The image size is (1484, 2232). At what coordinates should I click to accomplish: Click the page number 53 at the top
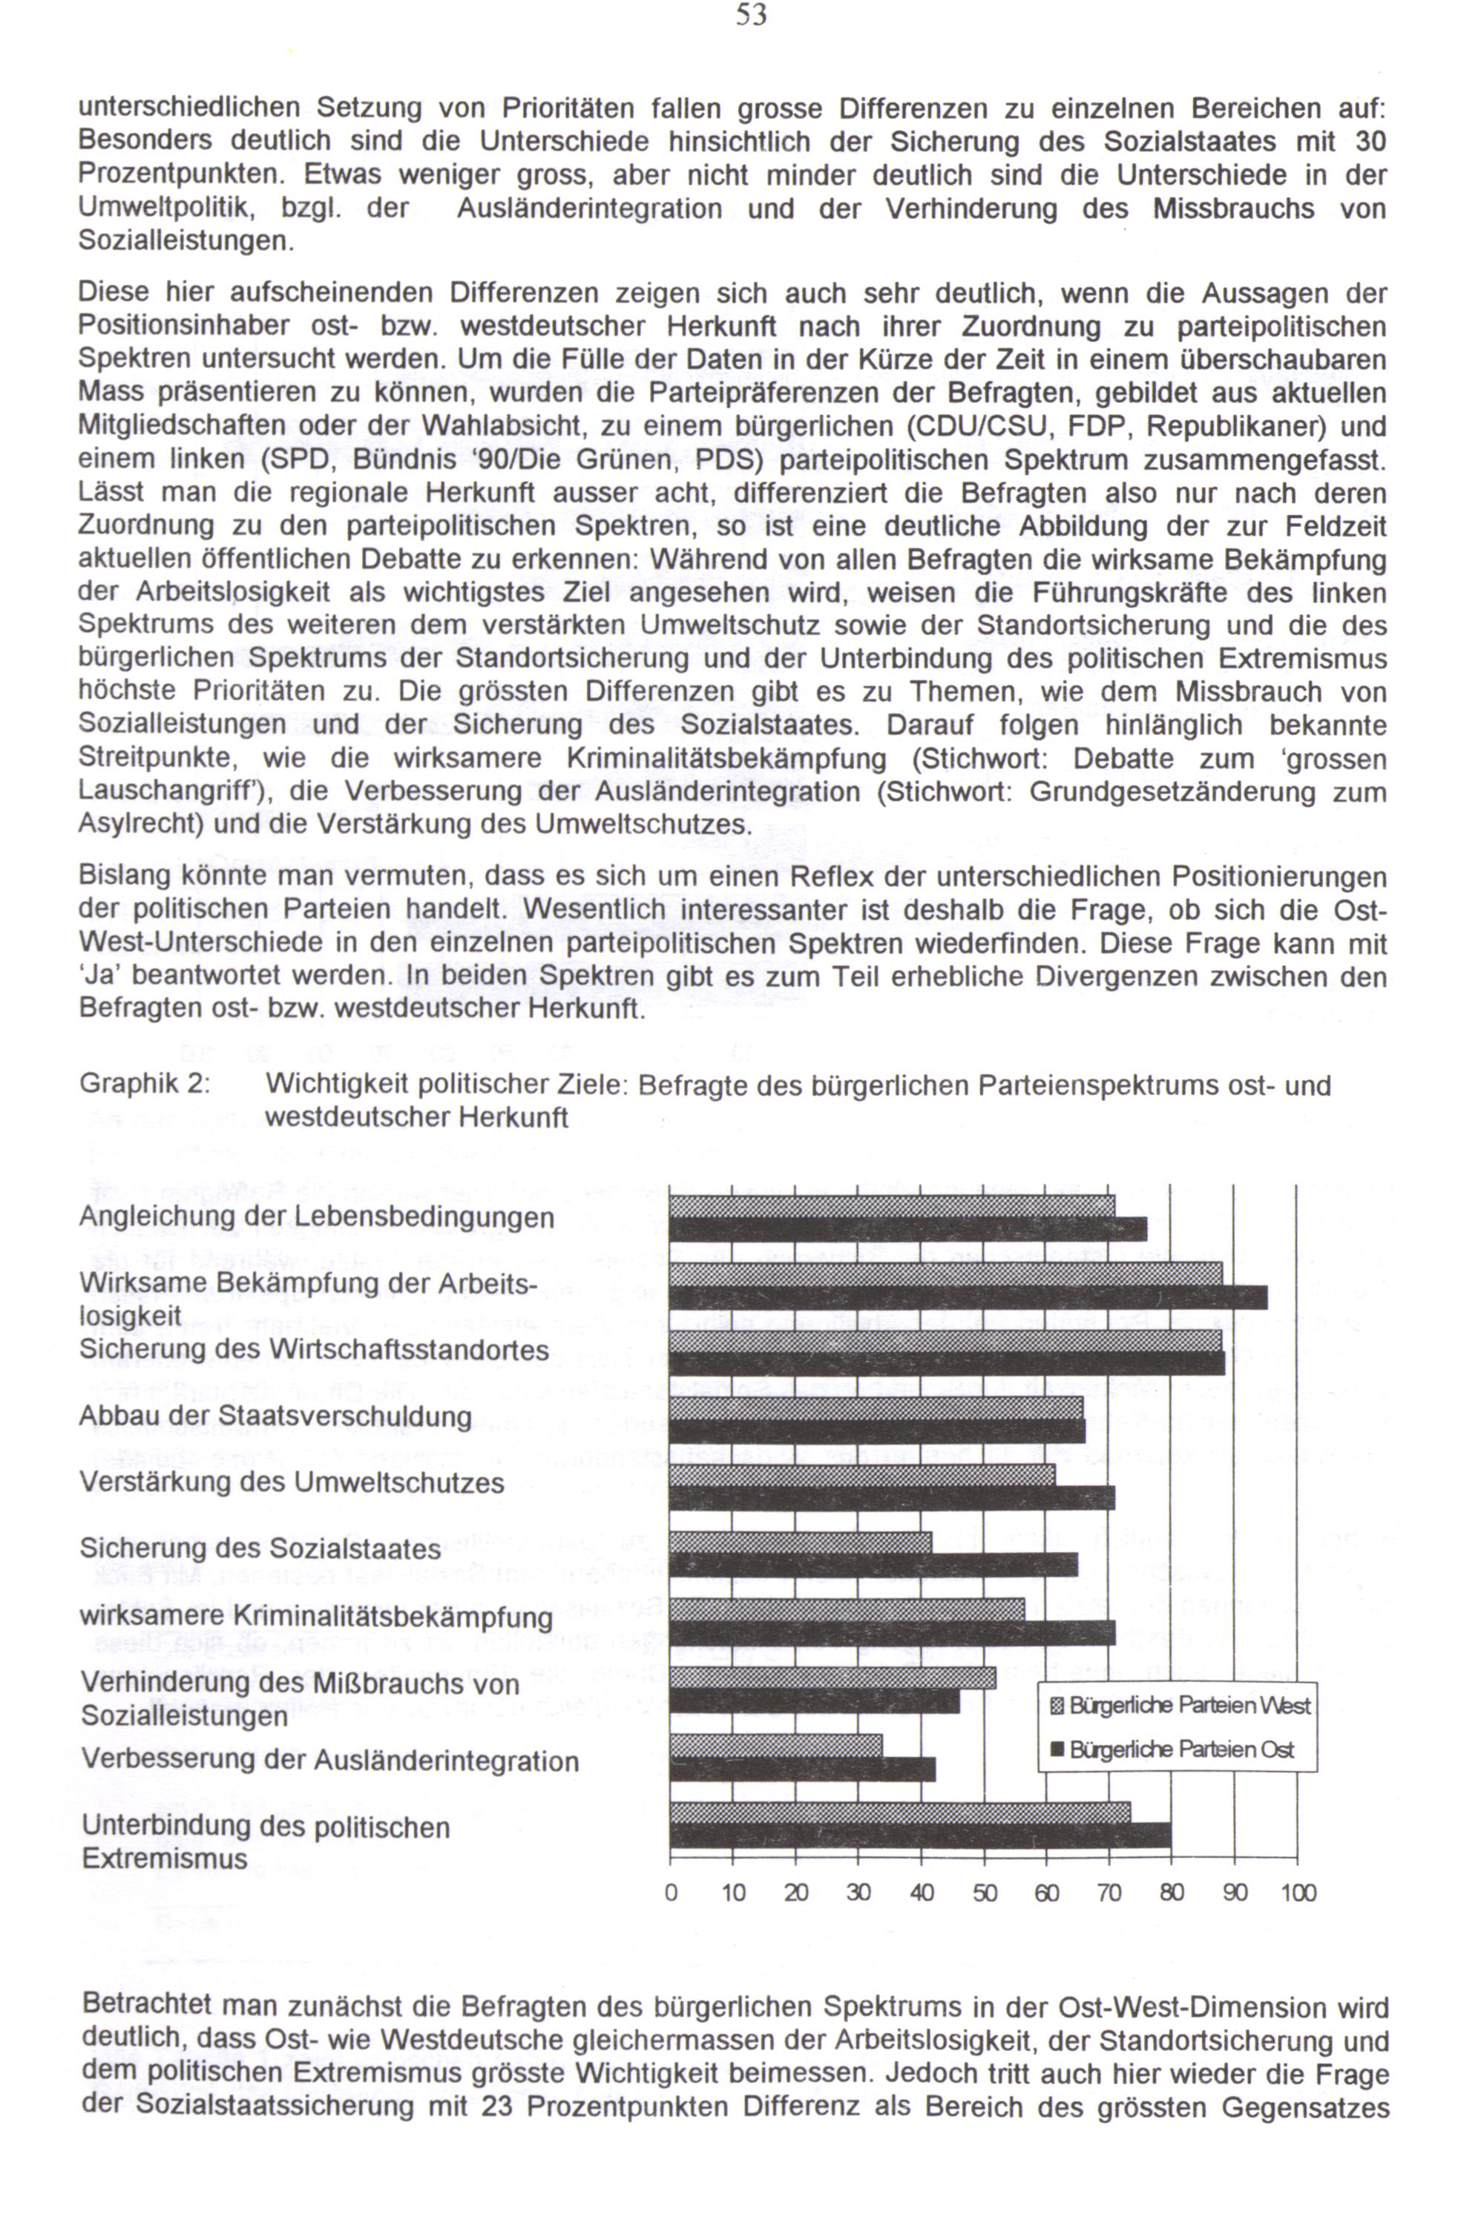tap(750, 16)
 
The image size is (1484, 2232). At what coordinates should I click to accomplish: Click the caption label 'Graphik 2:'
tap(144, 1084)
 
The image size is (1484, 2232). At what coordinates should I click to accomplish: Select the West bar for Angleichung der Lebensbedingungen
tap(892, 1205)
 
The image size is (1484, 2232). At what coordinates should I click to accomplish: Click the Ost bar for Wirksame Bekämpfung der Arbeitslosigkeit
tap(968, 1297)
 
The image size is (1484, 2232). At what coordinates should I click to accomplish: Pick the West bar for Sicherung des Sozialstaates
tap(800, 1542)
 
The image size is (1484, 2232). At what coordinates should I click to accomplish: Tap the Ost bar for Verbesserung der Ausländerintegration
tap(801, 1769)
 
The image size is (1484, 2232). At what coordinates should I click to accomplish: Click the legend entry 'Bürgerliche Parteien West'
tap(1189, 1706)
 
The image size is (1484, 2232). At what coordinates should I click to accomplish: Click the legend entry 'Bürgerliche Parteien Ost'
tap(1181, 1750)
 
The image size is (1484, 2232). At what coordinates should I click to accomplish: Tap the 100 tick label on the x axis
tap(1298, 1892)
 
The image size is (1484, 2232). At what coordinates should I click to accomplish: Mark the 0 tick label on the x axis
tap(671, 1892)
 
